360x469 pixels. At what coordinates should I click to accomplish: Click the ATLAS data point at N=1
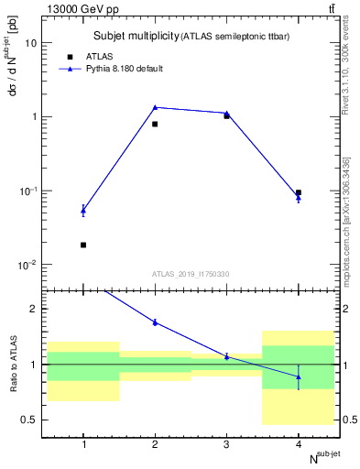pyautogui.click(x=83, y=245)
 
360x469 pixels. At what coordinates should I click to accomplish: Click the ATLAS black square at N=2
pyautogui.click(x=155, y=124)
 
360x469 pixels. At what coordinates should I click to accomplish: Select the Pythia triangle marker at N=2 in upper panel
pyautogui.click(x=155, y=107)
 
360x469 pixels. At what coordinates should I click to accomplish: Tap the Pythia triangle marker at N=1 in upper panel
pyautogui.click(x=83, y=211)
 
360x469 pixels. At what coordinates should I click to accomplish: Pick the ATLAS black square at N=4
pyautogui.click(x=299, y=192)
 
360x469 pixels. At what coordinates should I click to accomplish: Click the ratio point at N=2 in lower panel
pyautogui.click(x=155, y=322)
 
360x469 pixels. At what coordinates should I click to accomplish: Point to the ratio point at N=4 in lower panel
pyautogui.click(x=299, y=376)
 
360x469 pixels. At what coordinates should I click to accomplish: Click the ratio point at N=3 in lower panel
pyautogui.click(x=226, y=356)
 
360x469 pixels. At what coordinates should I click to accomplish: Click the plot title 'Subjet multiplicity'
pyautogui.click(x=136, y=36)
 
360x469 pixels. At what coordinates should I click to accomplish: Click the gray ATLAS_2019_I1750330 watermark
pyautogui.click(x=191, y=274)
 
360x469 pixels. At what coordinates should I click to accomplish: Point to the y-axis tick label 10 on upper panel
pyautogui.click(x=32, y=43)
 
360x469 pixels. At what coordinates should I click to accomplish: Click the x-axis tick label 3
pyautogui.click(x=226, y=444)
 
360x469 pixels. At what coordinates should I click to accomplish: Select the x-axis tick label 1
pyautogui.click(x=83, y=444)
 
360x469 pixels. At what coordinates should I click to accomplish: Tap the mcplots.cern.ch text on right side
pyautogui.click(x=348, y=247)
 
